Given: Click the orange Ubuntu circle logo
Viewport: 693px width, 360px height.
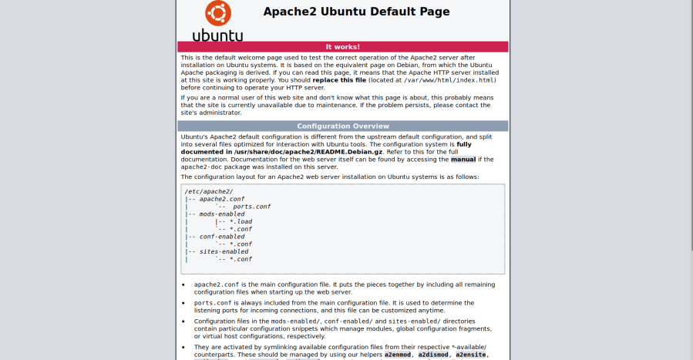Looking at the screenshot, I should [x=217, y=12].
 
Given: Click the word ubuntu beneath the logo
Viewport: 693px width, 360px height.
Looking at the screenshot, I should [x=217, y=35].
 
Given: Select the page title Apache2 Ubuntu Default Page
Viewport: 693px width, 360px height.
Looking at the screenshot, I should [x=356, y=12].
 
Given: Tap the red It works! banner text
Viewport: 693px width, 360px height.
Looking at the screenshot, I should [x=342, y=47].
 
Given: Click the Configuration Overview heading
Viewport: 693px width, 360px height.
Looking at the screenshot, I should [x=342, y=126].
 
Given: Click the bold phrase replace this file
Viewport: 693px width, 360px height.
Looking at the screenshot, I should [x=339, y=79].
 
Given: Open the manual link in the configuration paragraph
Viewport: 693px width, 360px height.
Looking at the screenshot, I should [x=463, y=160].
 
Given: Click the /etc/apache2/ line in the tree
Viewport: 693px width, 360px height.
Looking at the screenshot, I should [x=208, y=191].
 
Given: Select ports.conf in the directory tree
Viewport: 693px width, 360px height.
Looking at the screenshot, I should [x=251, y=207].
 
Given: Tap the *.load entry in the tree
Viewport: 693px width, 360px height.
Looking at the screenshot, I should [x=241, y=221].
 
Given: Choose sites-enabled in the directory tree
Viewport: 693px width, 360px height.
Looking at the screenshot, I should [x=224, y=251].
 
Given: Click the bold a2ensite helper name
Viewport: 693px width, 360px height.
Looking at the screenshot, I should [x=471, y=355].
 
